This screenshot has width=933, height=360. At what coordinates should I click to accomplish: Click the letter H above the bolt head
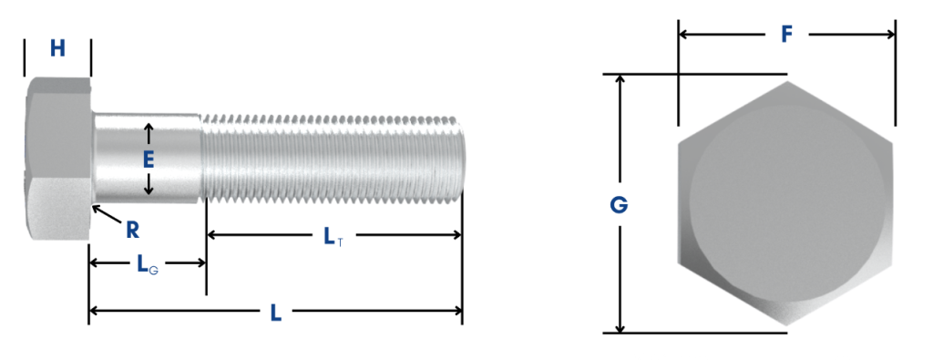click(x=57, y=48)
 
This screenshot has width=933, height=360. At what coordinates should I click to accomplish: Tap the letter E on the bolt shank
click(x=149, y=159)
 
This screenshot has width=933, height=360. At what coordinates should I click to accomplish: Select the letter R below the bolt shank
click(x=132, y=230)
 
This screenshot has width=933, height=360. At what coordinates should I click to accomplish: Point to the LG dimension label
click(x=146, y=264)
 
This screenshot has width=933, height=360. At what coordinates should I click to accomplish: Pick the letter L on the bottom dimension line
click(x=275, y=313)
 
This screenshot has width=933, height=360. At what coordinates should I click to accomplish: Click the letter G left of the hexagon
click(x=619, y=205)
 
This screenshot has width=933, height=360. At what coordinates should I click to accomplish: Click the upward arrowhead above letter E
click(x=149, y=128)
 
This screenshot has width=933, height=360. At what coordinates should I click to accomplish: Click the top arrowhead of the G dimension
click(x=620, y=79)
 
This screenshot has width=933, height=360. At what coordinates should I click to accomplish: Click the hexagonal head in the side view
click(x=56, y=159)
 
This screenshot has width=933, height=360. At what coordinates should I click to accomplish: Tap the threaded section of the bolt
click(x=333, y=159)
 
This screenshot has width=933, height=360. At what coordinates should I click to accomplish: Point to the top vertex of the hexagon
click(x=786, y=82)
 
